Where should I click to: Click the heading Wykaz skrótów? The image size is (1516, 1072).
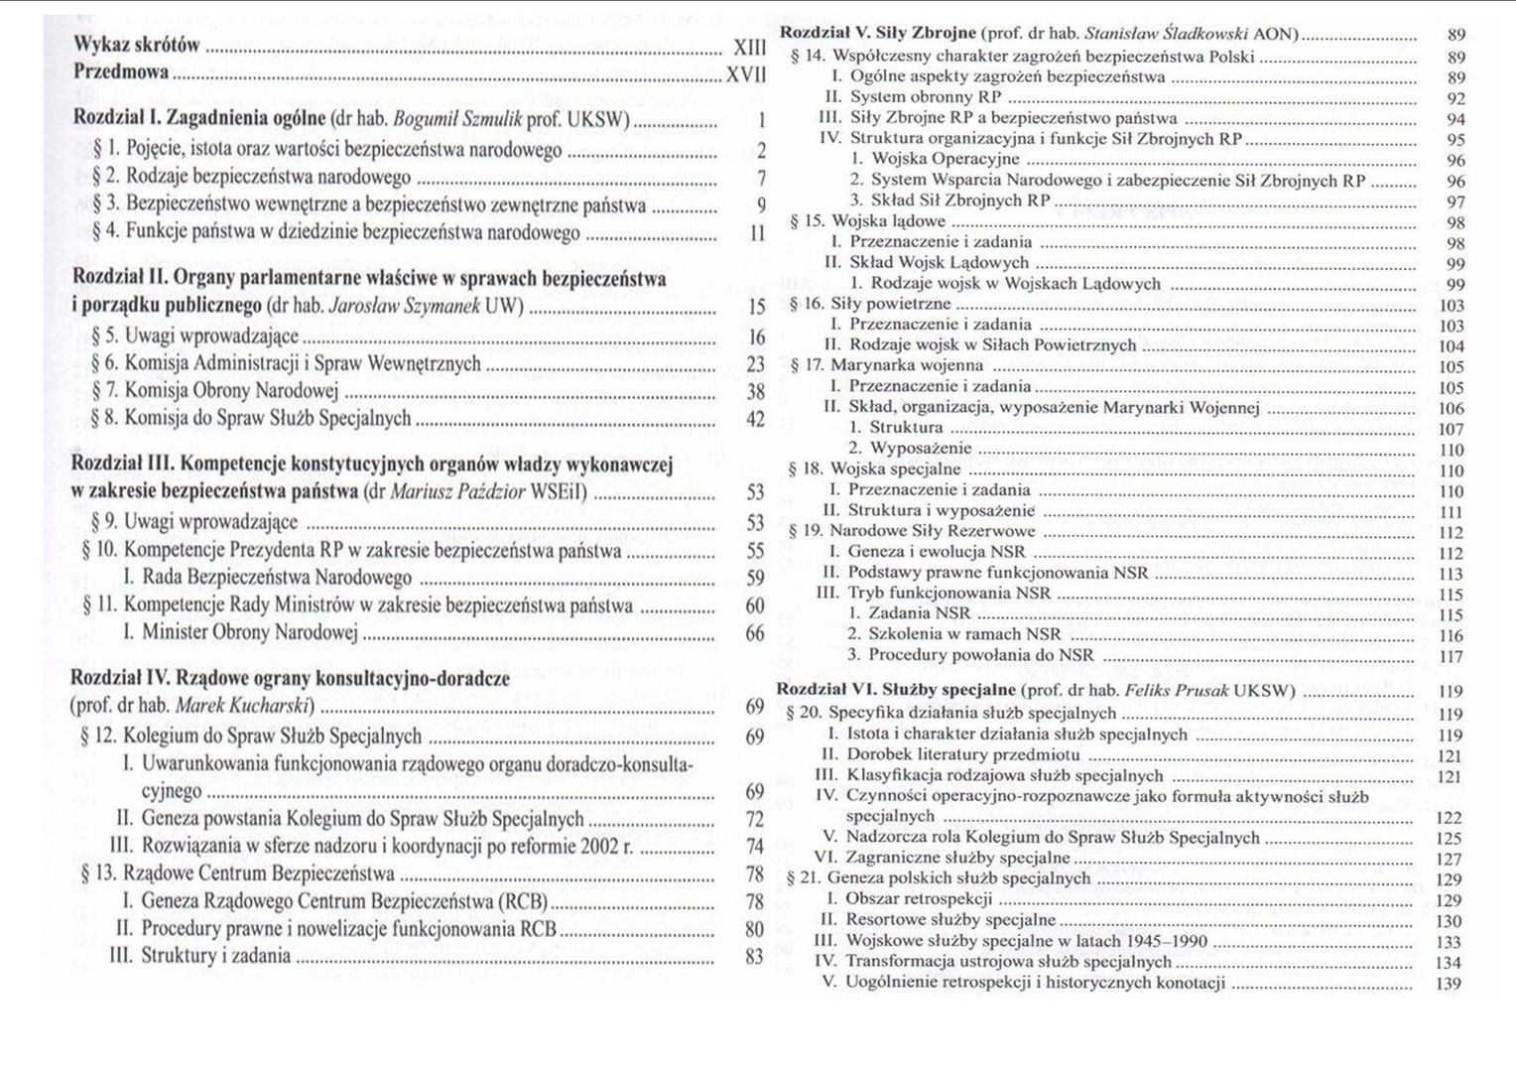[x=137, y=46]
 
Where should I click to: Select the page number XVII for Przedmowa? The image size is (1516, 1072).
[x=747, y=72]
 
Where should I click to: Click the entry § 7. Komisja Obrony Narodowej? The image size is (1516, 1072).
[x=215, y=390]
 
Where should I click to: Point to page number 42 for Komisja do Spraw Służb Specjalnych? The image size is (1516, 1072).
[x=755, y=419]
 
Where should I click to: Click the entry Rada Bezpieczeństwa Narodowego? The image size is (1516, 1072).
[x=277, y=578]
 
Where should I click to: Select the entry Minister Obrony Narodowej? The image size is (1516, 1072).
[x=249, y=632]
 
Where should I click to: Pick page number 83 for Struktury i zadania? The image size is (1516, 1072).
[x=755, y=957]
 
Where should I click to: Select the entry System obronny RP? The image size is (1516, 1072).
[x=925, y=97]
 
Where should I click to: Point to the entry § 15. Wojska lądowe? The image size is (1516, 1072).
[x=868, y=221]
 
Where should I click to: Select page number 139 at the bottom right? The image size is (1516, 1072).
[x=1449, y=984]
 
